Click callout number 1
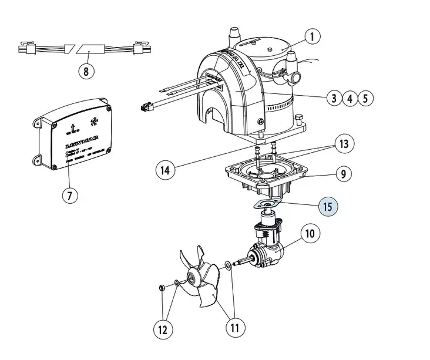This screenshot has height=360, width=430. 313,36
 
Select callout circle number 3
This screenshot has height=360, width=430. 335,98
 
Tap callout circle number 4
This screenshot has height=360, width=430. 350,98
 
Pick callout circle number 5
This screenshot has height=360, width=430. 365,98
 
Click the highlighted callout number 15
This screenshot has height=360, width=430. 328,207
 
